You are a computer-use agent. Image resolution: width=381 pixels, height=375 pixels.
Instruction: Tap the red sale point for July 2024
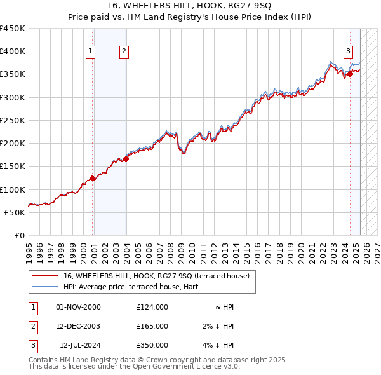coord(350,74)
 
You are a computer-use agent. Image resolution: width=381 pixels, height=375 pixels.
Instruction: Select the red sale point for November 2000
coord(93,178)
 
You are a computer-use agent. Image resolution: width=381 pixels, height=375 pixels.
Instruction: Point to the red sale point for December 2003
coord(126,160)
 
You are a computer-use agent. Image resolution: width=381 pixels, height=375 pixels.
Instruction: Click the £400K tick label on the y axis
coord(13,51)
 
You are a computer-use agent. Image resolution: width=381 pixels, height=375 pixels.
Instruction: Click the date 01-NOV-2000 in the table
coord(79,307)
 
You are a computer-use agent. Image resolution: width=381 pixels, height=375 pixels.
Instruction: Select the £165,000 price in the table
coord(152,326)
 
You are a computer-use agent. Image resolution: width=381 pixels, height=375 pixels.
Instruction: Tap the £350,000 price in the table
coord(152,345)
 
